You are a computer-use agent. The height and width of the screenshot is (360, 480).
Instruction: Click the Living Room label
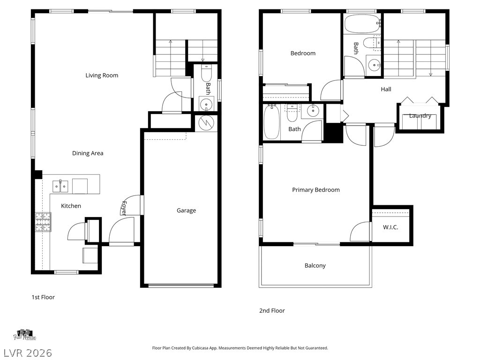pos(102,75)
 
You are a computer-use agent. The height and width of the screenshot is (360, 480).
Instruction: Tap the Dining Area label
pos(88,153)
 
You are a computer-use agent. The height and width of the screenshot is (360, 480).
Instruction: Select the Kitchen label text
pos(71,206)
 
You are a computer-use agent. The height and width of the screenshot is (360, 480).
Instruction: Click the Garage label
pos(186,210)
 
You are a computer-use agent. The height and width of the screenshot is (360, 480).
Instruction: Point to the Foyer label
pos(124,208)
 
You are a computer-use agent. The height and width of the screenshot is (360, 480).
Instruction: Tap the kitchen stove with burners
pos(43,222)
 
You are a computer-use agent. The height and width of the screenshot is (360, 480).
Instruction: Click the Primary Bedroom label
pos(315,190)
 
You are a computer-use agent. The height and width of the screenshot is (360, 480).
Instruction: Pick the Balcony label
pos(315,266)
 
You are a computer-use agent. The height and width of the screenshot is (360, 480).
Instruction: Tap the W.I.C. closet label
pos(390,227)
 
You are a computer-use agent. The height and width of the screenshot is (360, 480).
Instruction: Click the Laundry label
pos(420,116)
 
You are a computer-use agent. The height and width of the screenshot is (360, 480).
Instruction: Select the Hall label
pos(386,89)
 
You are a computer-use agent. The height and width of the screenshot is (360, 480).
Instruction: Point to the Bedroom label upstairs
pos(303,53)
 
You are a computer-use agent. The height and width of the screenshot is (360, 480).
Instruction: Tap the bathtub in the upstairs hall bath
pos(362,22)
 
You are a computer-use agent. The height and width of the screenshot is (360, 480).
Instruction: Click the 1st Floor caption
pos(43,297)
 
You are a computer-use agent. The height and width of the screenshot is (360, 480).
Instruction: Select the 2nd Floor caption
pos(272,310)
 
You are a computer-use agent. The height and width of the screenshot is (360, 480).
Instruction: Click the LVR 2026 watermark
pos(27,352)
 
